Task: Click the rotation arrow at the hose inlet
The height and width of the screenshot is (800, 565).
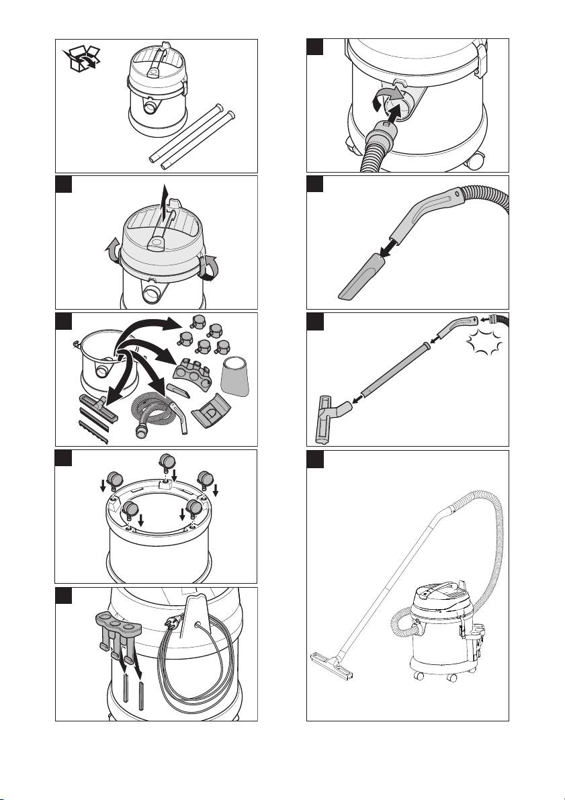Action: tap(380, 99)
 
